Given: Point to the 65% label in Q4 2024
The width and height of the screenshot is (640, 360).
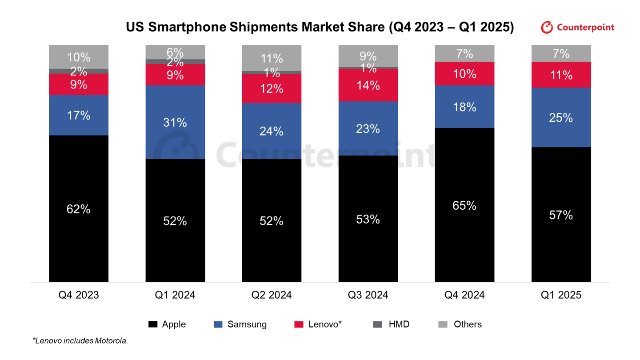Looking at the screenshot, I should pos(464,206).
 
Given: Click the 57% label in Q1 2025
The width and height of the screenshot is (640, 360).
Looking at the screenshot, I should pos(561,216).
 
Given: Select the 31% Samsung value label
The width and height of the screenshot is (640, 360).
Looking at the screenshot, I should pos(175,123).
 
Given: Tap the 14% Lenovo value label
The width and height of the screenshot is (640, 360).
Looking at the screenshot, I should pos(368,85).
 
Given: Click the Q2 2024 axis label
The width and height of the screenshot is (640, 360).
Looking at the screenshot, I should pos(272,295).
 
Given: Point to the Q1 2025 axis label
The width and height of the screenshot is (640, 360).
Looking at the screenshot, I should pos(561,295).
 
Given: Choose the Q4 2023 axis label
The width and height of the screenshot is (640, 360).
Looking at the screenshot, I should pos(79,295).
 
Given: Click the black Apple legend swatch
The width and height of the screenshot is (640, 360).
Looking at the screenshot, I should pos(153,324).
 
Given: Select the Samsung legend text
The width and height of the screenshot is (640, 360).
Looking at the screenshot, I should pos(247,324).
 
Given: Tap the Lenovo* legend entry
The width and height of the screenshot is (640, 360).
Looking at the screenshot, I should pos(325,324).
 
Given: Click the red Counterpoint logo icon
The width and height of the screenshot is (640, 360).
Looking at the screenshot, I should pos(547,28).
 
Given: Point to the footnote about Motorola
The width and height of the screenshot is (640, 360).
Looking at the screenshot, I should pos(80,341).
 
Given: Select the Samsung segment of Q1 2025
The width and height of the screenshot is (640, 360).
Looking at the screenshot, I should pos(561,117).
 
